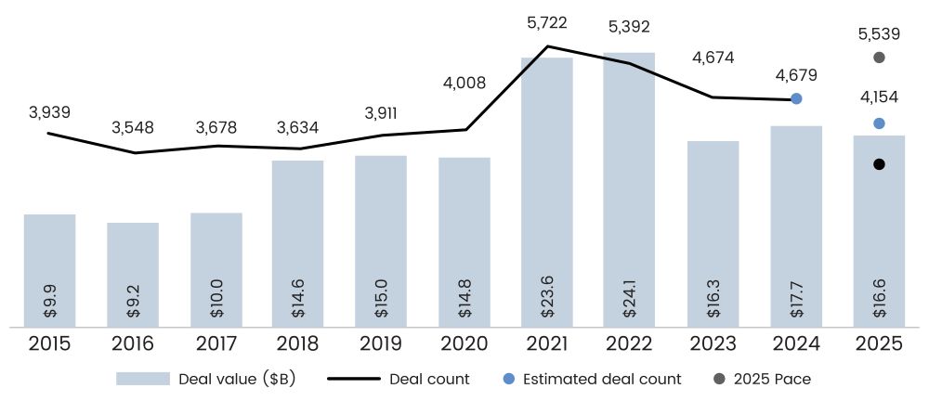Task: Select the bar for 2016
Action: [133, 274]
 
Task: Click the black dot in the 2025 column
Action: [879, 164]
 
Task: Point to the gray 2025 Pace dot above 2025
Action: [879, 58]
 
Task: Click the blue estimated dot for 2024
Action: [796, 98]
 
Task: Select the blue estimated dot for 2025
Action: [879, 123]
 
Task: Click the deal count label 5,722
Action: [546, 22]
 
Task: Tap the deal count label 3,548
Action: [133, 127]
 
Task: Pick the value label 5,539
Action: [879, 33]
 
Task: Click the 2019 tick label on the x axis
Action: [381, 344]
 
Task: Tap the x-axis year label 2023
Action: [713, 344]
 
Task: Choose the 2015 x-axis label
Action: [50, 344]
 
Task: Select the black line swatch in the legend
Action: [353, 379]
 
